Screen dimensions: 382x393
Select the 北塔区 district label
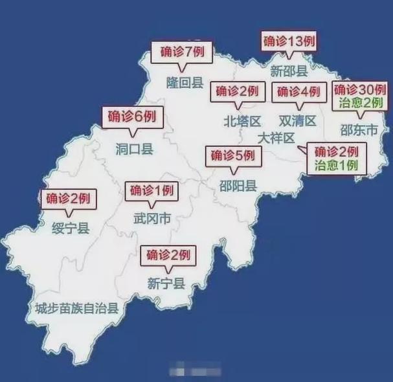coord(241,121)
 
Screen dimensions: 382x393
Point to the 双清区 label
coord(297,121)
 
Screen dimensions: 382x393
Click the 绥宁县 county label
coord(71,227)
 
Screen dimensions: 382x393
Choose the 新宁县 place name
coord(166,283)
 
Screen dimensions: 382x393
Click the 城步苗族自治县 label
coord(77,309)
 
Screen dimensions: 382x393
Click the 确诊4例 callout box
coord(298,93)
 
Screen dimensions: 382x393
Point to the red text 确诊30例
coord(359,90)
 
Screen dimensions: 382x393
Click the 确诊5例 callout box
coord(233,156)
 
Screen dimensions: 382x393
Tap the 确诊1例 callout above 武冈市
coord(152,191)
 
